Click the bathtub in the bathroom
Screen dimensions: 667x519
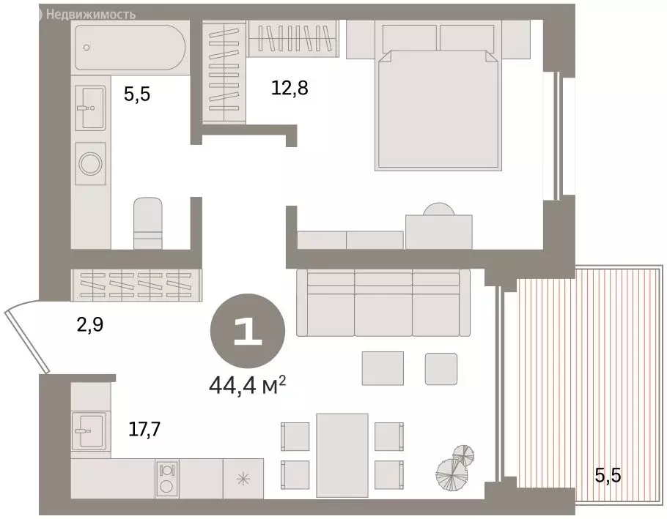[x=130, y=47]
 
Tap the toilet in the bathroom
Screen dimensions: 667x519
[x=148, y=223]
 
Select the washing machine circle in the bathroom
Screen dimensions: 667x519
[x=90, y=163]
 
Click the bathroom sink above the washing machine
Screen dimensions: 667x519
[x=91, y=108]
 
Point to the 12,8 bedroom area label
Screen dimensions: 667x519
[x=290, y=88]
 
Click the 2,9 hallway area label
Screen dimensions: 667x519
[x=89, y=325]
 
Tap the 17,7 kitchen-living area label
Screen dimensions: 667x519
[x=144, y=430]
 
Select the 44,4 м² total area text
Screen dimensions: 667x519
[x=247, y=386]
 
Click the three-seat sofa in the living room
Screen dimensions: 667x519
[x=383, y=303]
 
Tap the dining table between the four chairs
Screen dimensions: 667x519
[x=342, y=455]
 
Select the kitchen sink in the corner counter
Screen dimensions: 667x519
[x=89, y=430]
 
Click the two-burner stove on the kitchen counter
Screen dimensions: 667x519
[x=167, y=479]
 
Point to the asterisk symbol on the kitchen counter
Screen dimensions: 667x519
[x=243, y=480]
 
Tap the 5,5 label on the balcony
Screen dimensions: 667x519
[x=608, y=476]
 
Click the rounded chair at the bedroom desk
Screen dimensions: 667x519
[x=438, y=209]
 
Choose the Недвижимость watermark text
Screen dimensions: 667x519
[x=91, y=15]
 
